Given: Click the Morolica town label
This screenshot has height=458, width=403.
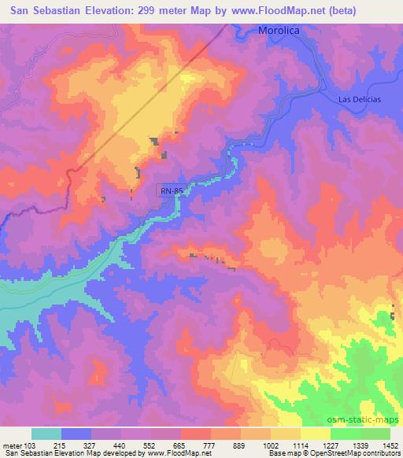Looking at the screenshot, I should tap(279, 31).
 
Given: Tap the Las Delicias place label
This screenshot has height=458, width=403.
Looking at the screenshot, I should tap(359, 98).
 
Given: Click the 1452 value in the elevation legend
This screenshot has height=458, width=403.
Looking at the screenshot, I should tap(391, 445).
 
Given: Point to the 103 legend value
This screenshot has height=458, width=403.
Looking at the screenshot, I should tap(31, 445).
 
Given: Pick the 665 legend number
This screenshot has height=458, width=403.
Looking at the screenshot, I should tap(180, 445).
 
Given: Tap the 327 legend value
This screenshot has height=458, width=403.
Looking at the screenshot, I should tap(91, 445).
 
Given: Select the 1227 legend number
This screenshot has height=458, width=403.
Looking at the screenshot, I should tap(331, 445).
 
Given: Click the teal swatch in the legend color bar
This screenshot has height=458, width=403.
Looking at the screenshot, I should tap(46, 434).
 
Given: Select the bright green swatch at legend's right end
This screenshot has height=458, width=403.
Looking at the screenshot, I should tap(375, 434).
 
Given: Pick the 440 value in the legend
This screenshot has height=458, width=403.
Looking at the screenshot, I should tap(120, 445).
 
